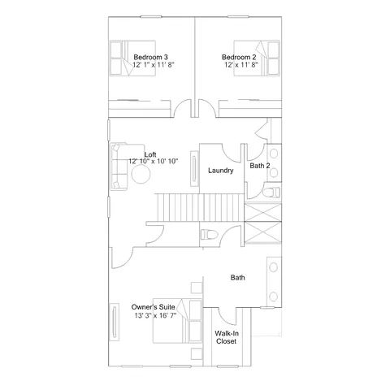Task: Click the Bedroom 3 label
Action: coord(150,57)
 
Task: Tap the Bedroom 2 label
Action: coord(239,57)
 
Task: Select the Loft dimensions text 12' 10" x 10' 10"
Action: coord(154,162)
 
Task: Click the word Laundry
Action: coord(221,171)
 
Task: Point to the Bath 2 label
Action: coord(260,166)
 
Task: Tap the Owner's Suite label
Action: coord(154,307)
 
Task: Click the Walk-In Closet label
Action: coord(227,337)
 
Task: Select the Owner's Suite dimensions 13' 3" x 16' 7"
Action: coord(155,315)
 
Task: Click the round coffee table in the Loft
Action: coord(141,174)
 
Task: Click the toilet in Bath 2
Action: coord(271,192)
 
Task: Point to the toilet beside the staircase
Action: coord(209,235)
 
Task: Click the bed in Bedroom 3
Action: coord(132,58)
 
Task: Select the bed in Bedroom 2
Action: coord(257,58)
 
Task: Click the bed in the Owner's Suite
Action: coord(178,321)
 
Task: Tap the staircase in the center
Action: coord(199,207)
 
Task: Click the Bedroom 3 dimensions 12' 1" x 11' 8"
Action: coord(154,65)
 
